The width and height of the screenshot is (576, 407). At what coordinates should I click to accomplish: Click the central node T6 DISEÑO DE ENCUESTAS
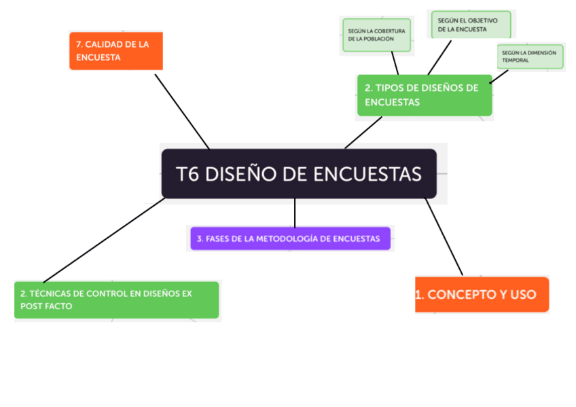click(x=299, y=174)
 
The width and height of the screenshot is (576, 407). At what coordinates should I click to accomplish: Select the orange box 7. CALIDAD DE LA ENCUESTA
click(x=116, y=51)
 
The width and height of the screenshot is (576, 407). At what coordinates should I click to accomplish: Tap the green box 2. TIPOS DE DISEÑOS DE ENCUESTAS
click(x=425, y=95)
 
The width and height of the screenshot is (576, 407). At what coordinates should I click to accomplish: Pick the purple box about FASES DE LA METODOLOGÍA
click(x=291, y=238)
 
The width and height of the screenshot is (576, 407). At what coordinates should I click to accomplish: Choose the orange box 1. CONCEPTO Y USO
click(x=482, y=295)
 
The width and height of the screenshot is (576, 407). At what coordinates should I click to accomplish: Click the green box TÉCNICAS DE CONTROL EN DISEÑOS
click(x=117, y=300)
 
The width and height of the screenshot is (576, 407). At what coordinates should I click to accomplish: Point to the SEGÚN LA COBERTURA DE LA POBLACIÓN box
click(x=376, y=35)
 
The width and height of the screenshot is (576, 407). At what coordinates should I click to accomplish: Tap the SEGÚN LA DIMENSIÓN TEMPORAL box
click(x=530, y=56)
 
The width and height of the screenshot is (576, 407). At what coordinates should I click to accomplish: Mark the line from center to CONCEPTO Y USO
click(x=444, y=236)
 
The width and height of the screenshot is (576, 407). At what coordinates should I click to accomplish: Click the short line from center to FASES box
click(x=295, y=213)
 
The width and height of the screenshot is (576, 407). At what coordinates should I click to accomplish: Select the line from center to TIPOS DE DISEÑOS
click(x=363, y=132)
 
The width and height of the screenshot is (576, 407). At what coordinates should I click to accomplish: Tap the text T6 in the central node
click(x=188, y=175)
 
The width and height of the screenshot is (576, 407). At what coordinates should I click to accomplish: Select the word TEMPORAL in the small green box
click(x=516, y=60)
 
